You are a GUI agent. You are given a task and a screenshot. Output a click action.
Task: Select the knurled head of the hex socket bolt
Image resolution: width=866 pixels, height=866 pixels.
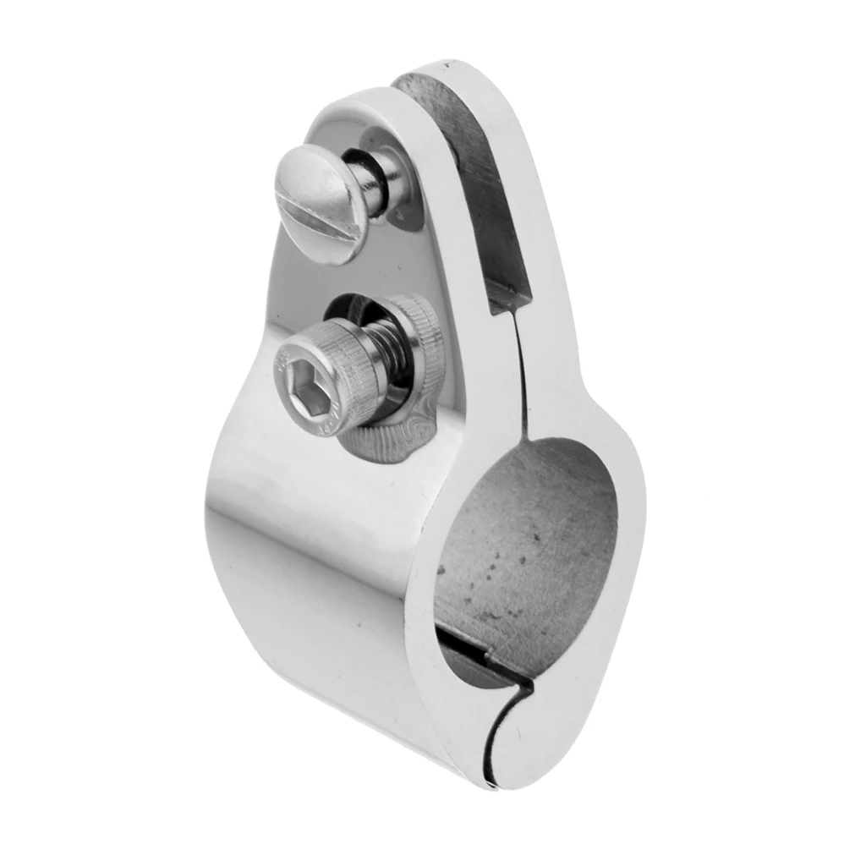(326, 381)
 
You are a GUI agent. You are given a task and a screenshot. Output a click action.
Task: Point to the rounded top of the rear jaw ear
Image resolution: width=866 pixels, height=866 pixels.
(457, 72)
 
